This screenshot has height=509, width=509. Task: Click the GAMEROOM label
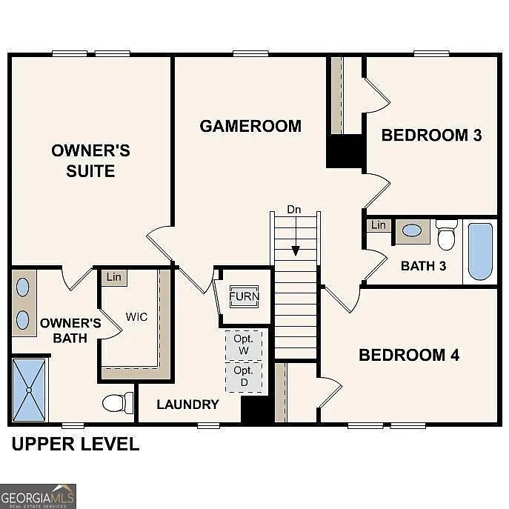pyautogui.click(x=250, y=126)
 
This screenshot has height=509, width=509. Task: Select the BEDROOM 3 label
pyautogui.click(x=431, y=135)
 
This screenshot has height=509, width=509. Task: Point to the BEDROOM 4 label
pyautogui.click(x=409, y=355)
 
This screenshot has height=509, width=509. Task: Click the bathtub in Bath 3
pyautogui.click(x=480, y=251)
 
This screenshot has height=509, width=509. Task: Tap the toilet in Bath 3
pyautogui.click(x=447, y=235)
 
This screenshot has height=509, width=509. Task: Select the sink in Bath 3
pyautogui.click(x=412, y=230)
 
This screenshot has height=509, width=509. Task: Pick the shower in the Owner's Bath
pyautogui.click(x=30, y=389)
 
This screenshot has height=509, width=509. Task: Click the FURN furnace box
pyautogui.click(x=244, y=296)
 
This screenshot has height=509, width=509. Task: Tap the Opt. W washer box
pyautogui.click(x=244, y=345)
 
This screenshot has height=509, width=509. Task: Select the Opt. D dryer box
pyautogui.click(x=244, y=376)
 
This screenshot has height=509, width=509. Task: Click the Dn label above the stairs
pyautogui.click(x=295, y=210)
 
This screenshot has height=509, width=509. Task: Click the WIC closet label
pyautogui.click(x=136, y=317)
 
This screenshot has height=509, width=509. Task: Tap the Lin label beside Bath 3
pyautogui.click(x=379, y=225)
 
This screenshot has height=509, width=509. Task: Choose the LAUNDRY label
pyautogui.click(x=188, y=405)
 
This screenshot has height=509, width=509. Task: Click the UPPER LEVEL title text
pyautogui.click(x=74, y=445)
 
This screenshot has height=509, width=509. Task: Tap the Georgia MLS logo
pyautogui.click(x=38, y=496)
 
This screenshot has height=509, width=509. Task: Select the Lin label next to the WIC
pyautogui.click(x=113, y=277)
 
